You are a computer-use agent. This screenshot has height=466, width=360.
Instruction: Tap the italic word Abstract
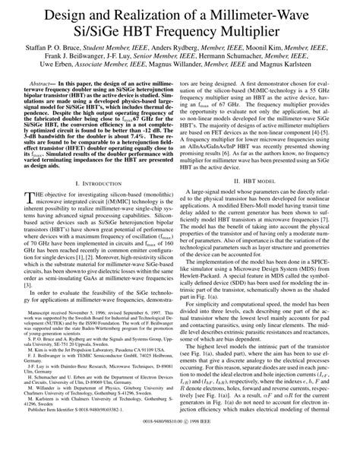click(x=43, y=106)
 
